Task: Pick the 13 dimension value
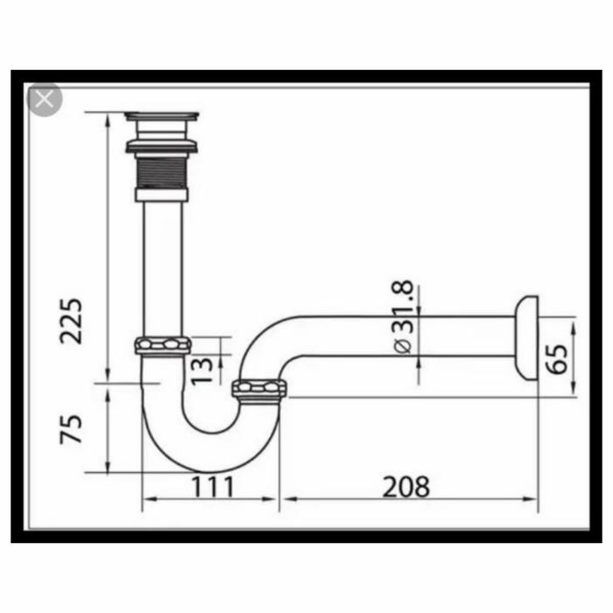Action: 202,368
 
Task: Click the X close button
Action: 45,99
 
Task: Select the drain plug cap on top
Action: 162,117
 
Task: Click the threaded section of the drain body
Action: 162,170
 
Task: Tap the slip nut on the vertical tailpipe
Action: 163,345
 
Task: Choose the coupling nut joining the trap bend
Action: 260,391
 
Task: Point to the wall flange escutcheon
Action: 526,336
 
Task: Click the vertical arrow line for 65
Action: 574,359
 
